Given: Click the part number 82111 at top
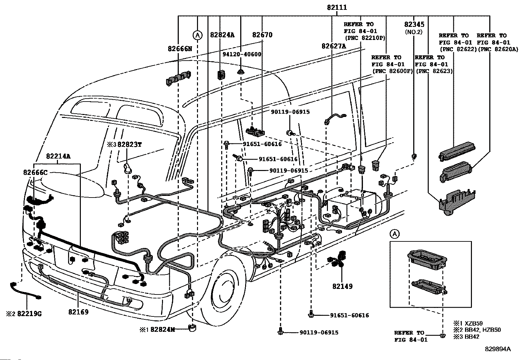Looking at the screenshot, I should (336, 8).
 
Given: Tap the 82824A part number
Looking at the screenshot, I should (222, 35).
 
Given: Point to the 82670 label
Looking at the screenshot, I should (262, 35).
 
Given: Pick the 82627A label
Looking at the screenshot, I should (333, 47).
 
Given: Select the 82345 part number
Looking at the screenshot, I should (414, 25).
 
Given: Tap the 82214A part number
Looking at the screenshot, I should (58, 156).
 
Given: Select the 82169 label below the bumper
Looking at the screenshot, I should (78, 312).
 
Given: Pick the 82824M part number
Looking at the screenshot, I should (162, 329).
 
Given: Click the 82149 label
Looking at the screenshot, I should (342, 286).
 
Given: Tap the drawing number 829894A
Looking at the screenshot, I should (498, 349).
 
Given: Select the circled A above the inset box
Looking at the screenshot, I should (395, 234).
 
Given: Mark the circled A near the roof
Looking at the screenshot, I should (197, 35).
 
